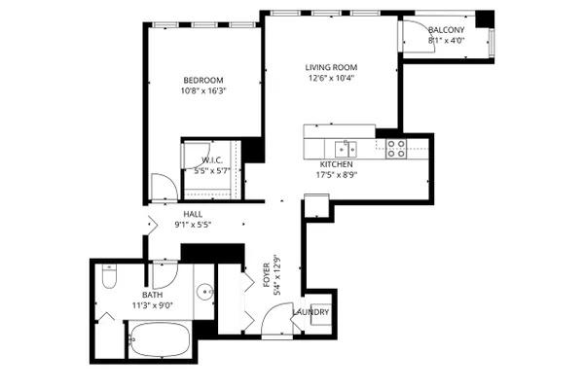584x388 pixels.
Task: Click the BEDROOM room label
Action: pos(203,80)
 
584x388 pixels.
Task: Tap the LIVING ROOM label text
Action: pos(331,67)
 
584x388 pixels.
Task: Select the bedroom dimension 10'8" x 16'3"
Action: pos(203,90)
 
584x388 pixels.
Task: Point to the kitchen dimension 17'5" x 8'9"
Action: pos(337,175)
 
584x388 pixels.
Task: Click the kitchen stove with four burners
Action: pos(396,149)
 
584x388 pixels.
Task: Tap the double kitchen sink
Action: pos(346,149)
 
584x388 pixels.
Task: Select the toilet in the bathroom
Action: pos(109,276)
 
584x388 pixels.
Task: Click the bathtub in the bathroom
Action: pos(161,339)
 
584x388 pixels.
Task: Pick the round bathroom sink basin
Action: pos(204,292)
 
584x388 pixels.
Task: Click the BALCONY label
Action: pos(446,30)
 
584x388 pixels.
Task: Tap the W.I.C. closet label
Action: pos(212,160)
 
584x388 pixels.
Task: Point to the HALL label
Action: pos(193,214)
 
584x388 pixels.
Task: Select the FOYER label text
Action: pos(267,275)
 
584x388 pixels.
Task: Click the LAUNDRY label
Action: pos(310,312)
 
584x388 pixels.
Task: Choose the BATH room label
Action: pos(153,295)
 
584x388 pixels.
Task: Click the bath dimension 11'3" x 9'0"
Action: pos(153,305)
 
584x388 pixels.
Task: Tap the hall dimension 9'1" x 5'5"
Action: pos(193,225)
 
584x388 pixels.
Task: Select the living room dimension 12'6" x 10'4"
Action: pos(331,78)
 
